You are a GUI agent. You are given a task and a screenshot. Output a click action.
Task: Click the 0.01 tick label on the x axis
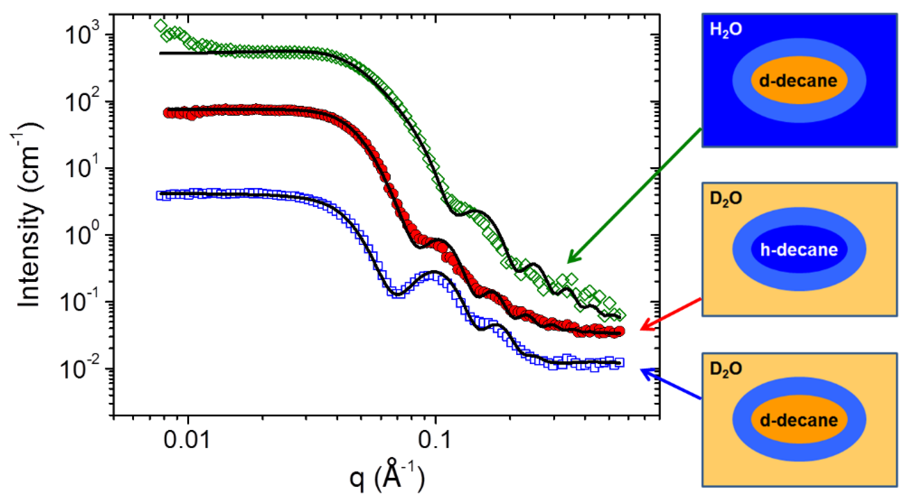click(x=187, y=440)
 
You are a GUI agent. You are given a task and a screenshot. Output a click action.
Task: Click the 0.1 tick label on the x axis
click(x=435, y=440)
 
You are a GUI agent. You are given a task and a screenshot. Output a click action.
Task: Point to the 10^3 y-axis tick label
click(x=82, y=34)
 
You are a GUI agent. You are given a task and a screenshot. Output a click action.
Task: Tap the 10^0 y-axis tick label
click(x=82, y=235)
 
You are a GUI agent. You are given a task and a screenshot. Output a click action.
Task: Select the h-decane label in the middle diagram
click(x=799, y=250)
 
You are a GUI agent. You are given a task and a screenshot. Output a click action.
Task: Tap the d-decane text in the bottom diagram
click(x=799, y=420)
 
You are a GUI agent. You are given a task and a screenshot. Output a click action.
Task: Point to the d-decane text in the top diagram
click(x=798, y=81)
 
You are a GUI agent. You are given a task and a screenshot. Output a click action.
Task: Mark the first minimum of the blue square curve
click(x=397, y=294)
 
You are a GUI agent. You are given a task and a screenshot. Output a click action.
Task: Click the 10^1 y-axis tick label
click(x=82, y=168)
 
